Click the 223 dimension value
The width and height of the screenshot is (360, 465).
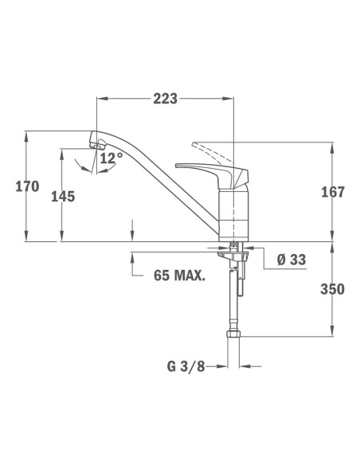tap(165, 98)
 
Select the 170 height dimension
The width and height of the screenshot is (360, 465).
tap(27, 187)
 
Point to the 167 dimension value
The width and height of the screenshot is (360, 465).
tap(332, 192)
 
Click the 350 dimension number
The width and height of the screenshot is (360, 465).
tap(332, 289)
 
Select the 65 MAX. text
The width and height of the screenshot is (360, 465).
tap(178, 276)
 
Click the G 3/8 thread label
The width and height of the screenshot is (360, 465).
tap(186, 367)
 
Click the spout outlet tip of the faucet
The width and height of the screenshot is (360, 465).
tap(98, 143)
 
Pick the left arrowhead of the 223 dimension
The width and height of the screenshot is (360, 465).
tap(100, 99)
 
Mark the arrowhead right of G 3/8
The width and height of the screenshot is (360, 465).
tap(243, 367)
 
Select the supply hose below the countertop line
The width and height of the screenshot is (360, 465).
tap(233, 295)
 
